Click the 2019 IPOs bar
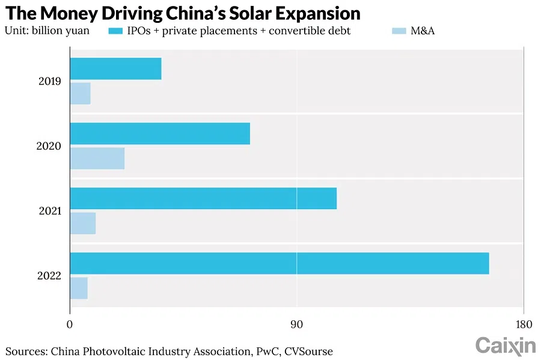click(115, 69)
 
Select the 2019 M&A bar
click(80, 93)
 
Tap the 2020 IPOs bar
click(160, 133)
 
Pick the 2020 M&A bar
click(97, 158)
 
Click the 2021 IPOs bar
click(203, 198)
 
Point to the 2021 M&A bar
click(82, 223)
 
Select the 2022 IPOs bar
click(280, 263)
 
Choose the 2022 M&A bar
click(79, 288)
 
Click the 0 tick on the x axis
click(70, 325)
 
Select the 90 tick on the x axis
click(296, 325)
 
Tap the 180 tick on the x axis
click(524, 325)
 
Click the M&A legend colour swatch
click(399, 30)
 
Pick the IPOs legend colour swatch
click(115, 30)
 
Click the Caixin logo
click(506, 346)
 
